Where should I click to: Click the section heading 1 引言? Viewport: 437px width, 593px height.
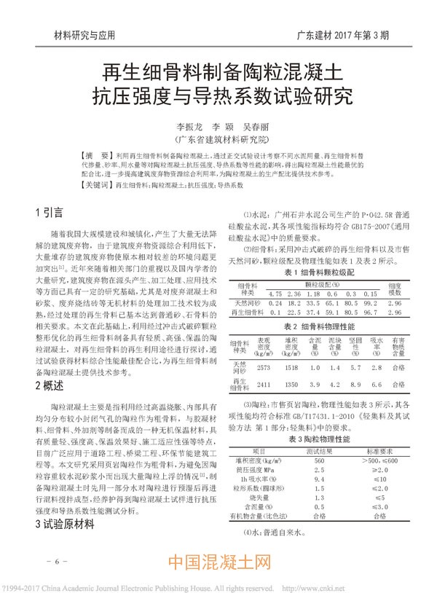[51, 213]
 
